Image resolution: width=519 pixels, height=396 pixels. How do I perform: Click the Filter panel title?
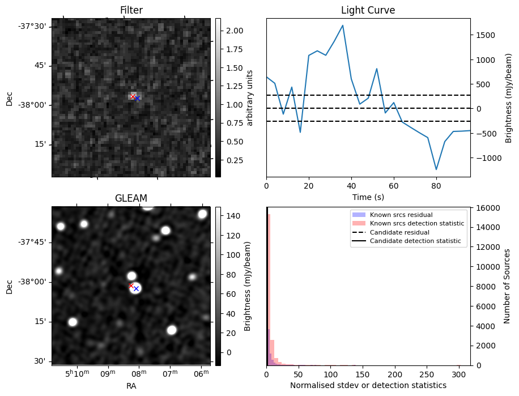click(131, 10)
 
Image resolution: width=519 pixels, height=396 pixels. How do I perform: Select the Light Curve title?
click(368, 10)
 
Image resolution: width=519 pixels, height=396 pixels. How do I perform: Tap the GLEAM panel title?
click(131, 198)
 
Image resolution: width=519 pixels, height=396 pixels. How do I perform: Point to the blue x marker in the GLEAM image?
click(136, 289)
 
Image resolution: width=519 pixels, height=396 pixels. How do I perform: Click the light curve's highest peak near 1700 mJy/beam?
click(343, 25)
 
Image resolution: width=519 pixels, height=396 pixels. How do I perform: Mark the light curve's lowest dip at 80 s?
click(436, 169)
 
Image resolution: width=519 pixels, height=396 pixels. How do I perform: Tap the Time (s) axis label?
click(368, 196)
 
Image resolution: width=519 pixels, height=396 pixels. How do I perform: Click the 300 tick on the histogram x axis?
click(459, 374)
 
